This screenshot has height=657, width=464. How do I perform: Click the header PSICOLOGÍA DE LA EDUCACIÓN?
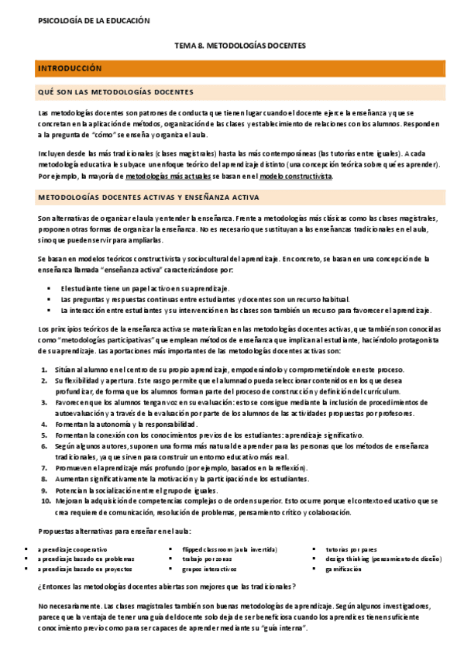tap(94, 21)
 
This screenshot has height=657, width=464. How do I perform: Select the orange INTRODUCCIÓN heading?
tap(70, 69)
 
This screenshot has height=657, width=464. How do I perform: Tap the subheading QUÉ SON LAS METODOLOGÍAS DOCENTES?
tap(115, 92)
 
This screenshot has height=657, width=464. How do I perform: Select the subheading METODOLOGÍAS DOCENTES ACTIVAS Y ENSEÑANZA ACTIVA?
tap(148, 198)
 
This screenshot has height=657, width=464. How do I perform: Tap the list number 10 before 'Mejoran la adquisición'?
tap(44, 501)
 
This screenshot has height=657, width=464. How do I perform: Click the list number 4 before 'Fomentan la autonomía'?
tap(44, 425)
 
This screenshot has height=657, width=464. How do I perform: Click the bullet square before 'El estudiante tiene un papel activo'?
tap(49, 288)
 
